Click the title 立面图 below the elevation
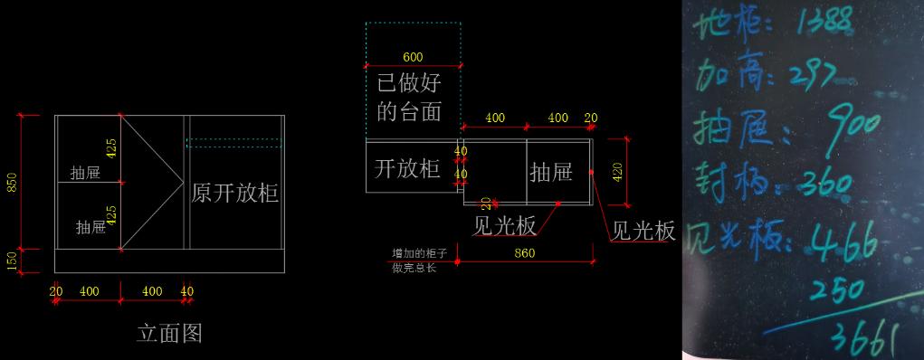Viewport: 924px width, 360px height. tap(169, 334)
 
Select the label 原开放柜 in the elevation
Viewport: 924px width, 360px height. tap(234, 193)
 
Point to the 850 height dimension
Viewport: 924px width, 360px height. tap(12, 182)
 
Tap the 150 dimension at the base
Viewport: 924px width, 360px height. tap(12, 261)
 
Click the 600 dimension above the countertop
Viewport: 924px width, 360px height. tap(413, 58)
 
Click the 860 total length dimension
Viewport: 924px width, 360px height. tap(524, 253)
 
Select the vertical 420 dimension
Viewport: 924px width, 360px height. tap(618, 170)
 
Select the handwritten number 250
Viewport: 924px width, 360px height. tap(837, 291)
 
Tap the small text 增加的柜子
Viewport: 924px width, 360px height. tap(413, 253)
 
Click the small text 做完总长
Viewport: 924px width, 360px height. tap(413, 268)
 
